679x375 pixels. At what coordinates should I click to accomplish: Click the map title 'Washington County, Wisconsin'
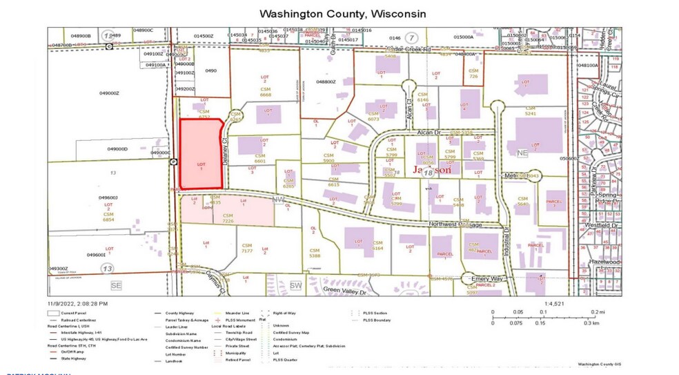(x=342, y=14)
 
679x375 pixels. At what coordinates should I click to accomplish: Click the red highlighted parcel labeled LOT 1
(x=201, y=153)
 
